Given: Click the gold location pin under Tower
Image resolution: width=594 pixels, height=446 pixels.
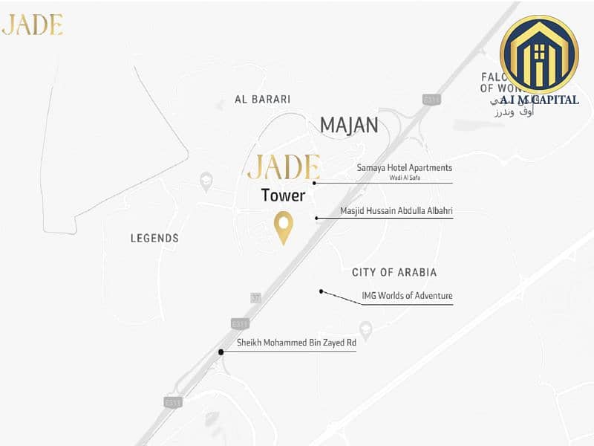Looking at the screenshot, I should click(x=283, y=226).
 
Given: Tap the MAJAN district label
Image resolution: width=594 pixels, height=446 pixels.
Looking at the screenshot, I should click(x=349, y=124).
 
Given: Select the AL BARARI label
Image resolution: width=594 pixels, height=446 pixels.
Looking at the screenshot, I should click(x=262, y=99).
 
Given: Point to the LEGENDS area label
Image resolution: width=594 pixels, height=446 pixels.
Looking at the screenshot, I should click(x=154, y=239).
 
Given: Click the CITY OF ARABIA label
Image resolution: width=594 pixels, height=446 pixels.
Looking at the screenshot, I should click(x=394, y=273).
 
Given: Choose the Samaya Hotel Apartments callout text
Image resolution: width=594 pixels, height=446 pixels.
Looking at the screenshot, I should click(x=405, y=168).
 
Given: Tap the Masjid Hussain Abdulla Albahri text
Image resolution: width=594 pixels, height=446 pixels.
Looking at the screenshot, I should click(x=396, y=211).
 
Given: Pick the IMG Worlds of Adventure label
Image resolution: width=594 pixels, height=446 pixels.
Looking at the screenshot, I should click(x=407, y=296).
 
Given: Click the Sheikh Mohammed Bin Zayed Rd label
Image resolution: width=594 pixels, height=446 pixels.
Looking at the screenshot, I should click(x=296, y=343).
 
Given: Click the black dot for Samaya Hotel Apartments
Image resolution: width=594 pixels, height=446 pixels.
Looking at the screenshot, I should click(x=315, y=182).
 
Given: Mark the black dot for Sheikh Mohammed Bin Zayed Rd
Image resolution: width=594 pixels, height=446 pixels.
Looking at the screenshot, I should click(x=221, y=352).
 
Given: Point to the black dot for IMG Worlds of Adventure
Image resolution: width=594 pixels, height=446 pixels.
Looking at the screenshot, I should click(x=321, y=291).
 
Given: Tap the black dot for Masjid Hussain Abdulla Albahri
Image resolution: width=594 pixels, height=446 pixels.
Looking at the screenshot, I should click(x=317, y=218).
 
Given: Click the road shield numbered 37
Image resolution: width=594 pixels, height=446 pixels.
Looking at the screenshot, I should click(x=256, y=297).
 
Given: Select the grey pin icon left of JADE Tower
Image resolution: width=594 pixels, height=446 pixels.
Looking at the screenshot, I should click(x=206, y=181).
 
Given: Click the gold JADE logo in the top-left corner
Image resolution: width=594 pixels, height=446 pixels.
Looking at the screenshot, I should click(x=32, y=25).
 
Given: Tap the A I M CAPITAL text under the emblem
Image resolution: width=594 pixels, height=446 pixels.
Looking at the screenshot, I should click(x=540, y=99).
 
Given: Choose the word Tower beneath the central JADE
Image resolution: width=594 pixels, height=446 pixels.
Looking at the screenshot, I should click(x=283, y=195).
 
